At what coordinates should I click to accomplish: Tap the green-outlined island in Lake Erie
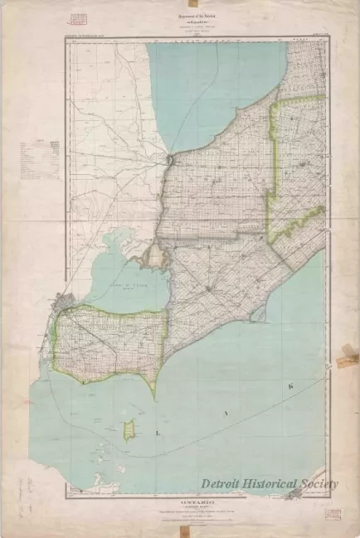(129, 429)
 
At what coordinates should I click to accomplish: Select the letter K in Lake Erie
(313, 385)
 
